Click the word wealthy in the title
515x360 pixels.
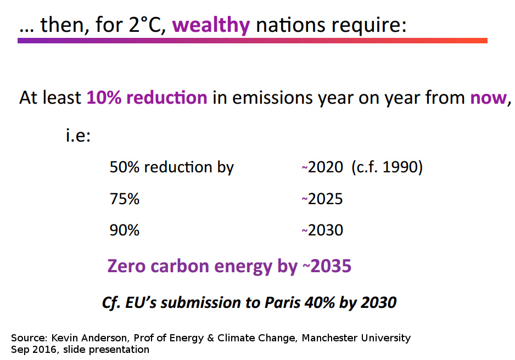pyautogui.click(x=211, y=26)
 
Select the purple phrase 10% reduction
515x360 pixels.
pyautogui.click(x=147, y=98)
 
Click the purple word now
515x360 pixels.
pyautogui.click(x=488, y=98)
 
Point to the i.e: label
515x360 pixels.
pyautogui.click(x=78, y=135)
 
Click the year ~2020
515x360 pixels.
pyautogui.click(x=322, y=167)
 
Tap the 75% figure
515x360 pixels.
pyautogui.click(x=125, y=199)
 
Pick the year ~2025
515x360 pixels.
pyautogui.click(x=322, y=199)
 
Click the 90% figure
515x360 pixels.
pyautogui.click(x=125, y=230)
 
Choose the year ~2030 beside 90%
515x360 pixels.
pyautogui.click(x=322, y=230)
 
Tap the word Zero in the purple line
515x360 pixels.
pyautogui.click(x=126, y=266)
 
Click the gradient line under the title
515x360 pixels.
pyautogui.click(x=253, y=41)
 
